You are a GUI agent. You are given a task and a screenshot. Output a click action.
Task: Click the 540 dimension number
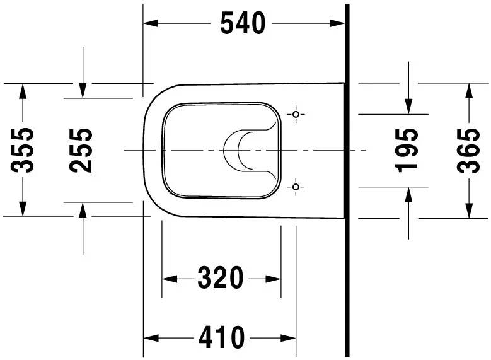tap(243, 23)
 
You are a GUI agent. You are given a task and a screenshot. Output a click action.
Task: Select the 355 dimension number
tap(23, 150)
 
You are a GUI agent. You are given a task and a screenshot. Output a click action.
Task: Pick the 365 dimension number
tap(468, 150)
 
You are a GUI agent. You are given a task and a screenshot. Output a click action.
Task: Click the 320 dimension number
tap(221, 277)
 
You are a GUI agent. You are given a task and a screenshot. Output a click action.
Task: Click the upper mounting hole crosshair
tap(296, 114)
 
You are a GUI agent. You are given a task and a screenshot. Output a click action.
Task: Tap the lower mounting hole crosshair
tap(296, 187)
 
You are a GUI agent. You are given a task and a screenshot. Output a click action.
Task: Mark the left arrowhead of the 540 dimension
tap(150, 23)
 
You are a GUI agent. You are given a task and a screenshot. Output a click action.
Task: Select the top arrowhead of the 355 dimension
tap(23, 90)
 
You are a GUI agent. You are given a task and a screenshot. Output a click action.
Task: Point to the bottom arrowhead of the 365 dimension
tap(468, 211)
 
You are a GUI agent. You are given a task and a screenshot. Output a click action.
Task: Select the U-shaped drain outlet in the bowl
tap(238, 151)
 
